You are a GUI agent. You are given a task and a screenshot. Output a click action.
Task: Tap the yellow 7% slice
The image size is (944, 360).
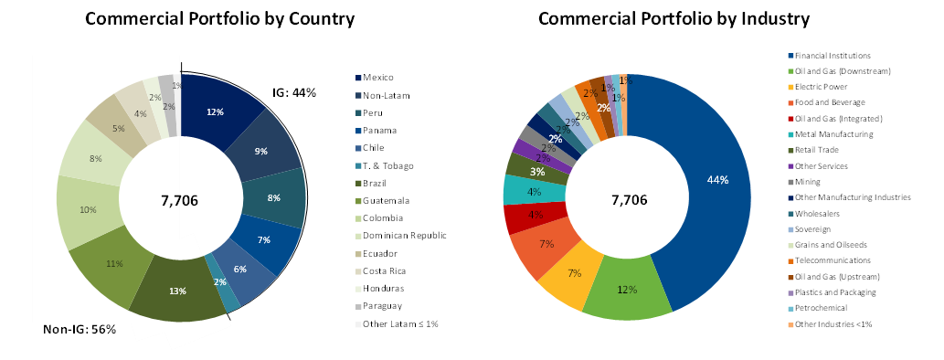[x=573, y=274]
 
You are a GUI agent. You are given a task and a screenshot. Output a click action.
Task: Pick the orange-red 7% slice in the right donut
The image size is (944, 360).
[x=544, y=245]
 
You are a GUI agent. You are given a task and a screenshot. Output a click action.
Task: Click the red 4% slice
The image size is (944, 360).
[x=534, y=217]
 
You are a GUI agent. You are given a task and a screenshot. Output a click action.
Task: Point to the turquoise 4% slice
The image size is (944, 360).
[x=534, y=191]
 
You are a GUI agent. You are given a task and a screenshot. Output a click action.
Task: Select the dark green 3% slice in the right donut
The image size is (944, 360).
[x=536, y=171]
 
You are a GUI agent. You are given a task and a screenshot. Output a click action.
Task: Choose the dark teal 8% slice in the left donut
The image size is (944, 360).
[x=274, y=197]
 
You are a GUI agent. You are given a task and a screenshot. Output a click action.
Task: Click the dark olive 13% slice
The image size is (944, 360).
[x=177, y=290]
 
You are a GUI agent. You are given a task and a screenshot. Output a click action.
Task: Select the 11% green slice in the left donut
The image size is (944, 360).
[x=113, y=265]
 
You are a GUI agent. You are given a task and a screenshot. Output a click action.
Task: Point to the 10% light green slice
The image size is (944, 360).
[x=88, y=210]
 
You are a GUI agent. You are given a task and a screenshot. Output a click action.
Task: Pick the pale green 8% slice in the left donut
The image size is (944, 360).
[x=95, y=158]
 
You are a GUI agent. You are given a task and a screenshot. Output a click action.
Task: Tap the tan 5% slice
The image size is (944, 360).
[x=117, y=128]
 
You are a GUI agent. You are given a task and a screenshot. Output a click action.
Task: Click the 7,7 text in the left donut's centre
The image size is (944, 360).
[x=171, y=201]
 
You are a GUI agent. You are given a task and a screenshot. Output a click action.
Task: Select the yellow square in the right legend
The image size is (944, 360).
[x=791, y=87]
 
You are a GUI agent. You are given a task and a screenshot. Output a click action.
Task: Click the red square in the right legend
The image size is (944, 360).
[x=791, y=119]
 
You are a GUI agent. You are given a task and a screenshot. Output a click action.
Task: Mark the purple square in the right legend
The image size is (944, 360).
[x=791, y=166]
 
